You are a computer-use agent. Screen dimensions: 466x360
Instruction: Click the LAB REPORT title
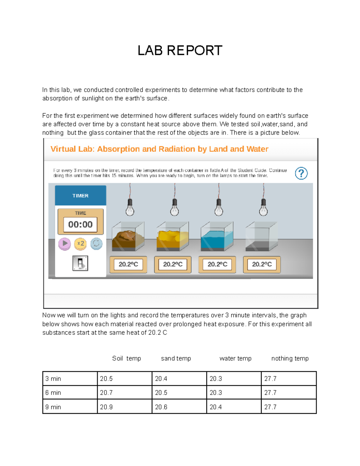(x=180, y=50)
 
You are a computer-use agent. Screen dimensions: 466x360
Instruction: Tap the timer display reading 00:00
(x=80, y=224)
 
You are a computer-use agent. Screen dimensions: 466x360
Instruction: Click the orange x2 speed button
(x=80, y=244)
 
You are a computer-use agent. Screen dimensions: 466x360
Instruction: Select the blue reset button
(x=96, y=244)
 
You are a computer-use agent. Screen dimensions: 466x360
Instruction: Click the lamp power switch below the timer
(x=80, y=263)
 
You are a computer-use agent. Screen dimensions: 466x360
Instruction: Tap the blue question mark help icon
(x=301, y=173)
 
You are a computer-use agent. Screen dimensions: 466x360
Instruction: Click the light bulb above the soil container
(x=130, y=208)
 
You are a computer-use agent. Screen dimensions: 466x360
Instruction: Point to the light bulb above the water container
(x=219, y=208)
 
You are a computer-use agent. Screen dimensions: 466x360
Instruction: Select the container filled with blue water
(x=217, y=237)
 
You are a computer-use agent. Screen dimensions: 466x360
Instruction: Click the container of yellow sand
(x=172, y=237)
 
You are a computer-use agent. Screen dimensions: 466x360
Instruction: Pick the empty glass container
(x=261, y=237)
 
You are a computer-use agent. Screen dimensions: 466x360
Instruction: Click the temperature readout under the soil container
(x=128, y=264)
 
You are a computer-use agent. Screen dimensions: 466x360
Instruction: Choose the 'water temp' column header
(x=235, y=358)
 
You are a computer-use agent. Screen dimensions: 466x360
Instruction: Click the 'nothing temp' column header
(x=290, y=358)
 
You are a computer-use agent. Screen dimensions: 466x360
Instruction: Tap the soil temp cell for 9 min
(x=124, y=407)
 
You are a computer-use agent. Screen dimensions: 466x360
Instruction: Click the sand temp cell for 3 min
(x=179, y=379)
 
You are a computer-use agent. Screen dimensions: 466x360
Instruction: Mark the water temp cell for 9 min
(x=234, y=407)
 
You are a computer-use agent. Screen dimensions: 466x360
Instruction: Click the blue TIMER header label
(x=80, y=196)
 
